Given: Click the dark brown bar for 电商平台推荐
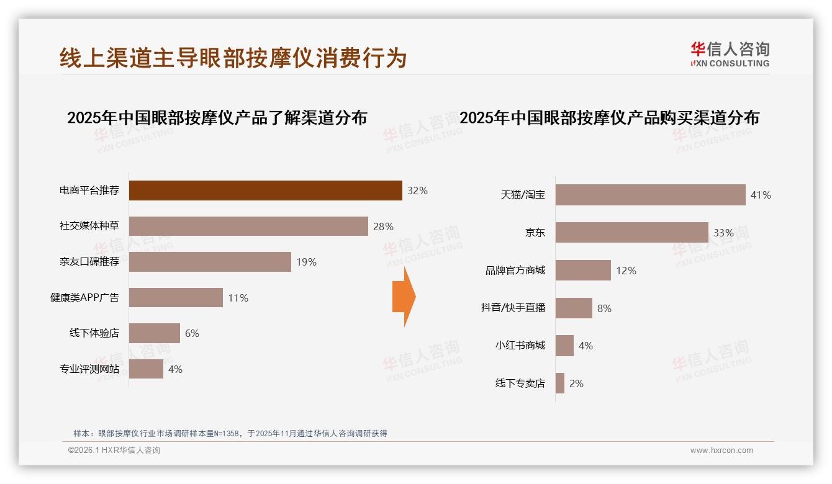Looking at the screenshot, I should click(x=265, y=190).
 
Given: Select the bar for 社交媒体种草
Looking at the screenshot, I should click(x=248, y=226).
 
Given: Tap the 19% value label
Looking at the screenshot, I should click(x=306, y=262).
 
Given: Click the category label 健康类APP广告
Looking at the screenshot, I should click(x=84, y=298).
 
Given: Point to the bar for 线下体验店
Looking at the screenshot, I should click(x=154, y=333).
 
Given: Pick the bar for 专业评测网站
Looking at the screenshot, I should click(x=146, y=369).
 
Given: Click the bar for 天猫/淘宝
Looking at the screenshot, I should click(x=650, y=195).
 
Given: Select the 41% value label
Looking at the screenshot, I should click(x=761, y=195).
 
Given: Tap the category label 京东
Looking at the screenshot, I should click(x=535, y=233).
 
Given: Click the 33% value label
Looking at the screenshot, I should click(x=723, y=233).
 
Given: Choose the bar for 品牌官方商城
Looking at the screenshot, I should click(x=583, y=271).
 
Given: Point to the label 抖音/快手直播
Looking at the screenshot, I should click(x=513, y=308).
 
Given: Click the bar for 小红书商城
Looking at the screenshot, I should click(x=564, y=346).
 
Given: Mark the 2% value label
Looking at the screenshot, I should click(x=576, y=383).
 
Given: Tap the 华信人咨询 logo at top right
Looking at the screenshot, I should click(x=730, y=54).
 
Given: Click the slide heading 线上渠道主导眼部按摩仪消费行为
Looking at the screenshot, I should click(x=233, y=58).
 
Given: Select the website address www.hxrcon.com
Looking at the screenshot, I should click(x=721, y=450).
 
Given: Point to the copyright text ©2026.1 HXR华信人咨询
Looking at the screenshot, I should click(x=114, y=450).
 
